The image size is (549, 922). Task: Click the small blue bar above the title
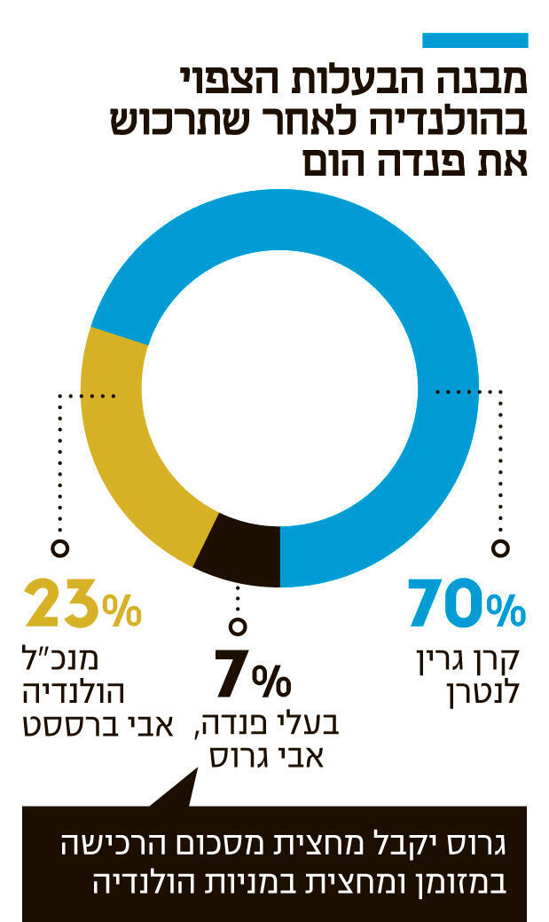coord(474,40)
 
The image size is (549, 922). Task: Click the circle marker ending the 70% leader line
coord(502,548)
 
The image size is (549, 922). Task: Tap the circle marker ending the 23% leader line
coord(60,548)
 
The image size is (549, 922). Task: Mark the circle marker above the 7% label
coord(238,624)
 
